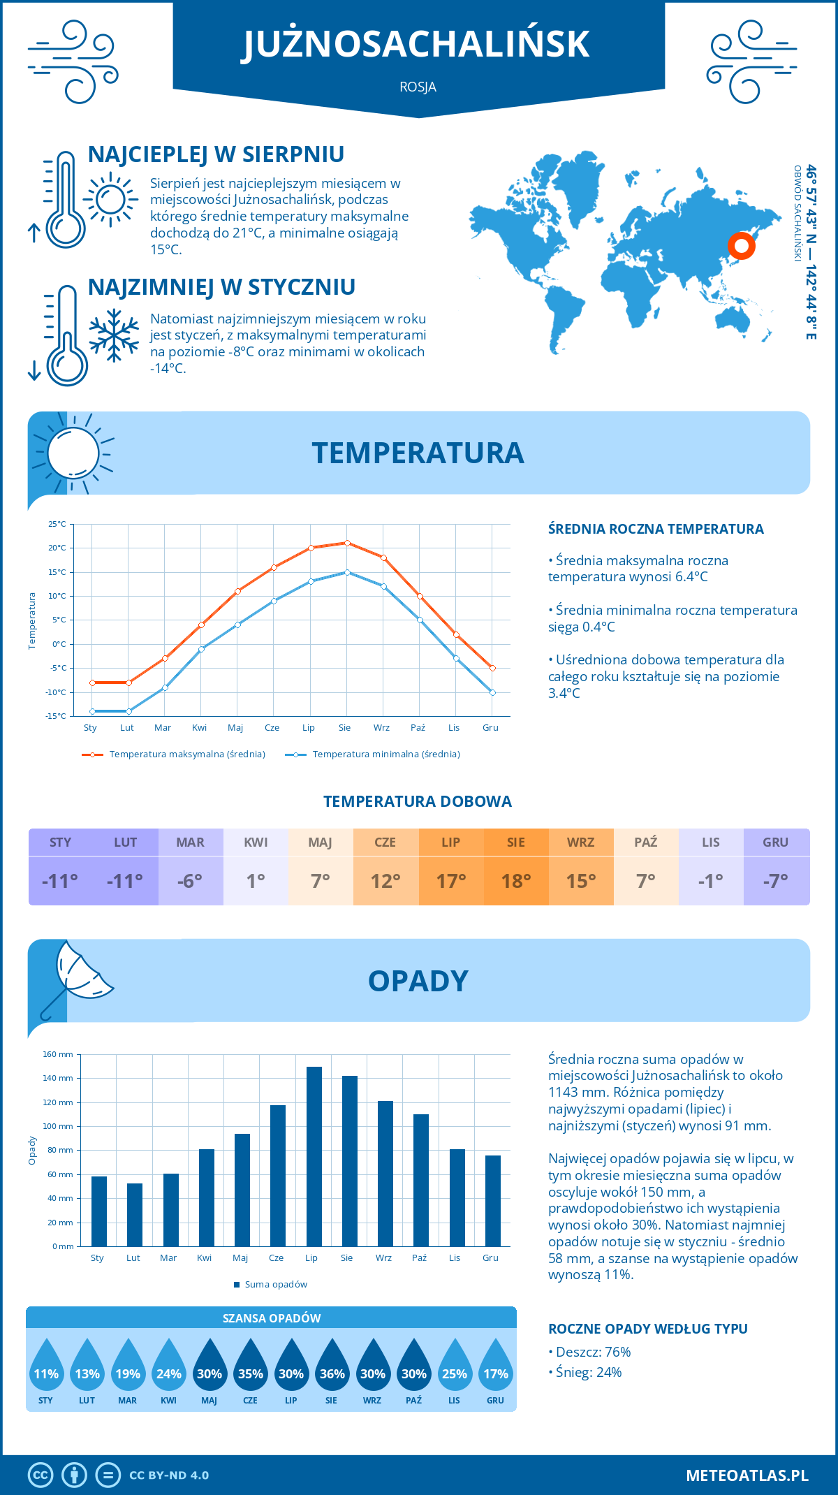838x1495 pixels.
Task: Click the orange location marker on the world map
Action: pyautogui.click(x=741, y=246)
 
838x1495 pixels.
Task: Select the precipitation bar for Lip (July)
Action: pyautogui.click(x=314, y=1156)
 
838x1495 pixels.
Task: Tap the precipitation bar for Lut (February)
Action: pyautogui.click(x=135, y=1214)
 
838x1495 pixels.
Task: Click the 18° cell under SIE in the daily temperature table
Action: pyautogui.click(x=516, y=881)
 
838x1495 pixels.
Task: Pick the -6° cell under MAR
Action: pyautogui.click(x=191, y=881)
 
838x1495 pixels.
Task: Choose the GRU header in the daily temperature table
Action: pyautogui.click(x=776, y=843)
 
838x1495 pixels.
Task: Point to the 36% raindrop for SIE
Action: pyautogui.click(x=332, y=1369)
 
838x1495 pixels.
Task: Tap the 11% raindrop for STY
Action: pyautogui.click(x=46, y=1369)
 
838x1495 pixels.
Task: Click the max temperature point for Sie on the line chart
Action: pyautogui.click(x=347, y=543)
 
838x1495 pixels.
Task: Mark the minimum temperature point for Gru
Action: pyautogui.click(x=492, y=692)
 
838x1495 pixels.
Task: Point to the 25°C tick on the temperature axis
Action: pyautogui.click(x=57, y=524)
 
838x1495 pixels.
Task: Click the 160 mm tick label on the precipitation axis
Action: pyautogui.click(x=58, y=1054)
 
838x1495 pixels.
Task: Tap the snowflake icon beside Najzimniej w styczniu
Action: pyautogui.click(x=114, y=335)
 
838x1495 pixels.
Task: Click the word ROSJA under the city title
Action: pyautogui.click(x=418, y=87)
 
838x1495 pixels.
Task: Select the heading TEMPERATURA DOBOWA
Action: pyautogui.click(x=418, y=802)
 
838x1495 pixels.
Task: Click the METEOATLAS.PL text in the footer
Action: pyautogui.click(x=747, y=1475)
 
